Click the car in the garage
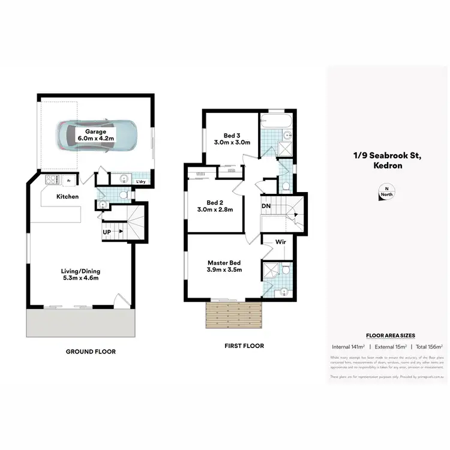(x=96, y=136)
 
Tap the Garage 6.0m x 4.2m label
(x=95, y=135)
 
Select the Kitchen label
(x=67, y=197)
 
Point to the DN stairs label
(x=266, y=207)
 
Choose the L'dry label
(x=141, y=181)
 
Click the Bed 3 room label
(x=232, y=139)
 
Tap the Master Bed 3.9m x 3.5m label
(x=224, y=266)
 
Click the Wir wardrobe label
(x=280, y=242)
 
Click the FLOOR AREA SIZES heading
(x=387, y=335)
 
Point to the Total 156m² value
(x=429, y=347)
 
